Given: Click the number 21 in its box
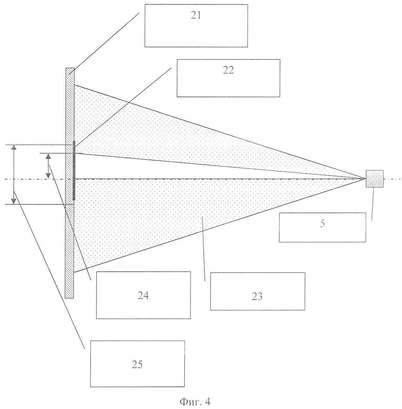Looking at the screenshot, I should coord(196,16).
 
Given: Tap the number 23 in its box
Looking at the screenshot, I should coord(257,296).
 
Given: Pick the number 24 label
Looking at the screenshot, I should coord(143,295).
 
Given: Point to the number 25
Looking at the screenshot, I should coord(137,364).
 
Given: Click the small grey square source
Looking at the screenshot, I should coord(375,179).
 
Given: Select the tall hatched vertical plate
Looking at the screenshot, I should coord(69,240).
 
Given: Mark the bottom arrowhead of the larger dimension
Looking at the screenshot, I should coord(14,201).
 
